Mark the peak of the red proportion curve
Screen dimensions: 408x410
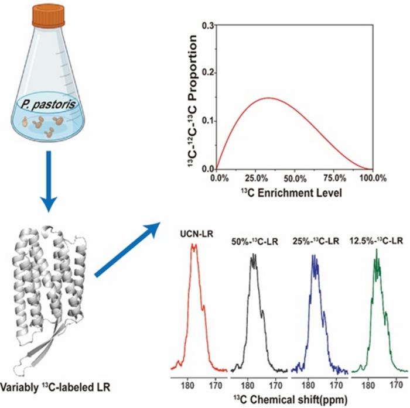pyautogui.click(x=268, y=98)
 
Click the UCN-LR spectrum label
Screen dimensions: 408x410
pyautogui.click(x=193, y=234)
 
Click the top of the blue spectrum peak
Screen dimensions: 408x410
pyautogui.click(x=314, y=256)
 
